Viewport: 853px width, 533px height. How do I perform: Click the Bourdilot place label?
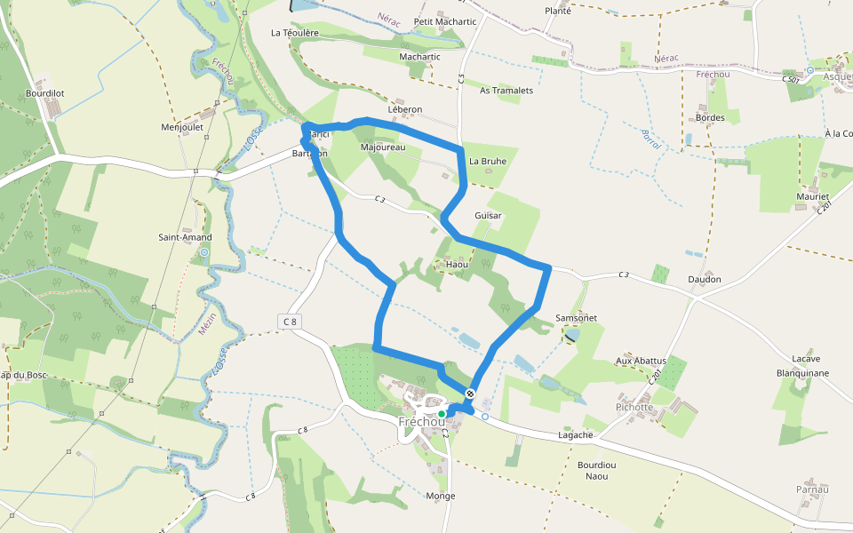(45, 92)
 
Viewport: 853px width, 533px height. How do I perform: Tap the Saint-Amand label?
(185, 237)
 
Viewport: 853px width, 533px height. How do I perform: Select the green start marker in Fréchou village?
(442, 413)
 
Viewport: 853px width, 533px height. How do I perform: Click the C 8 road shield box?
(291, 321)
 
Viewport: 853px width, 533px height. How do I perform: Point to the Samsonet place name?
(576, 317)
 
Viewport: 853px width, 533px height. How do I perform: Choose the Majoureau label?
(383, 147)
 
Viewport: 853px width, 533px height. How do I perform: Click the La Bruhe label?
(488, 161)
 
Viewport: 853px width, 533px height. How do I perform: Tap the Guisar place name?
(488, 216)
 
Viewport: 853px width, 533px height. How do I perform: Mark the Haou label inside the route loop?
(457, 265)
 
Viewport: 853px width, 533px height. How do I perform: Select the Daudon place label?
(704, 279)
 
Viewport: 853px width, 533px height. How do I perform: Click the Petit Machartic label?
(445, 21)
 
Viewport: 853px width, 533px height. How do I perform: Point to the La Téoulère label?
(294, 32)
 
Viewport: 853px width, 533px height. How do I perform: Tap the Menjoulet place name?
(182, 127)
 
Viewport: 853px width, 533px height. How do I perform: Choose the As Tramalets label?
(506, 91)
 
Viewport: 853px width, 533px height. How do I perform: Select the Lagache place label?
(575, 435)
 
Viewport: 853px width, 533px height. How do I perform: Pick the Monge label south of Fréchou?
(441, 496)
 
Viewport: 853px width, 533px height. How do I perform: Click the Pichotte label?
(634, 407)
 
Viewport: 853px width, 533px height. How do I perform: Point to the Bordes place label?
(711, 117)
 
